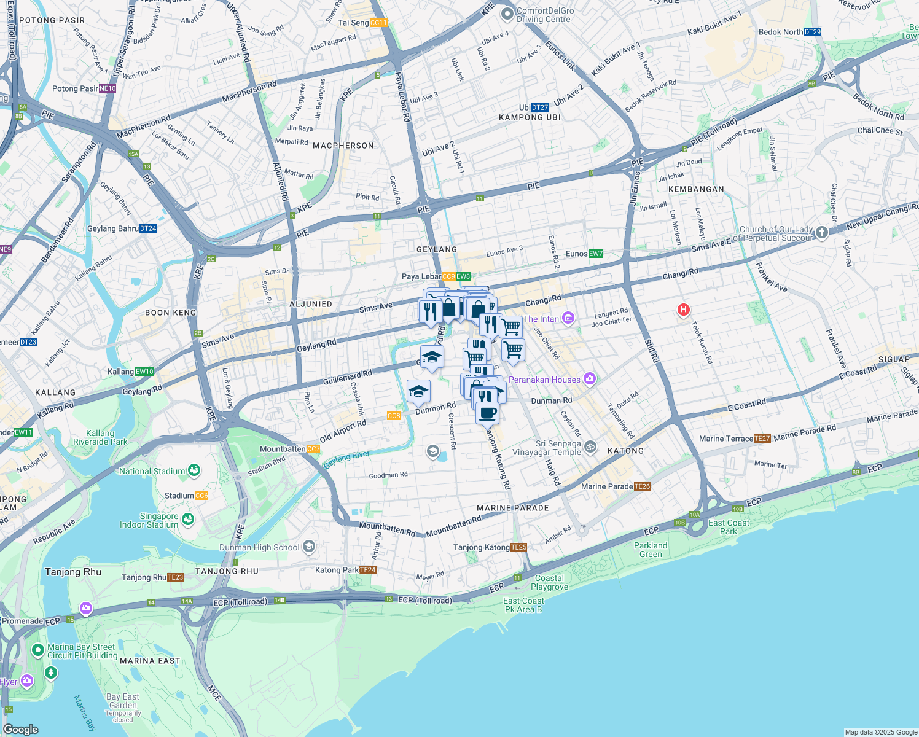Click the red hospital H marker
683,310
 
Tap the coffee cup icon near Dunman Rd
487,413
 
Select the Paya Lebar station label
421,276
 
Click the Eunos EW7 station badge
596,254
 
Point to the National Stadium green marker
194,470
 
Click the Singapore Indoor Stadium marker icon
187,520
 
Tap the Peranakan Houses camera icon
590,379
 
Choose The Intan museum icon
568,318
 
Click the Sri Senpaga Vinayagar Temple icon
590,447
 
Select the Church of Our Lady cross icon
823,233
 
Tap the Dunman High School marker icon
309,546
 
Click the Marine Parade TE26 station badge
643,486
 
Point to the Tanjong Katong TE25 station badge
519,547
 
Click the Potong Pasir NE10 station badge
108,88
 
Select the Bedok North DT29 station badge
813,32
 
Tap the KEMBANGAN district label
696,189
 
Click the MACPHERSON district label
343,146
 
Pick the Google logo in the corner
21,729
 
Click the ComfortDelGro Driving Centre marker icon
507,14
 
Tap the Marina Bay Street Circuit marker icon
38,650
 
